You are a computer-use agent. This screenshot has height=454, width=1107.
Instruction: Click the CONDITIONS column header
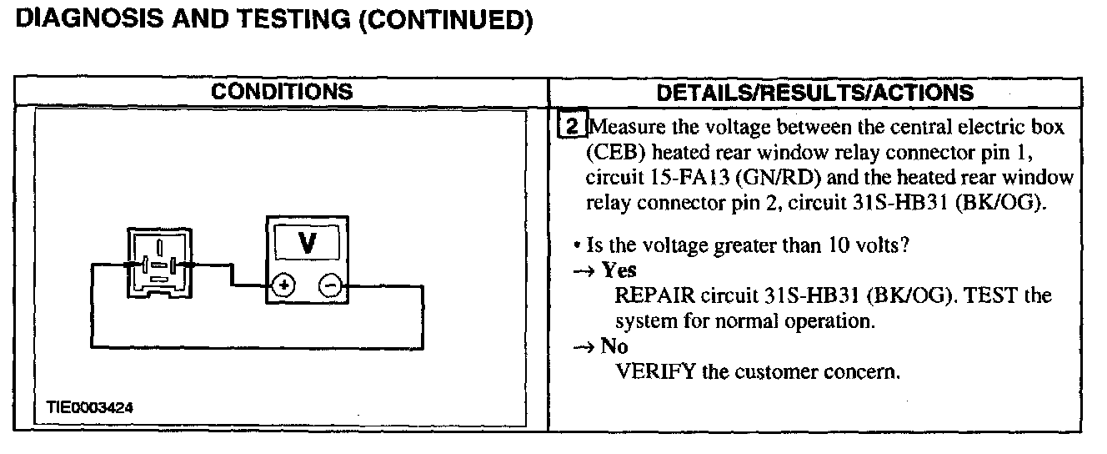[281, 91]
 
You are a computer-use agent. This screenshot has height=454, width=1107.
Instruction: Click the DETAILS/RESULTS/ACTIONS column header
[814, 92]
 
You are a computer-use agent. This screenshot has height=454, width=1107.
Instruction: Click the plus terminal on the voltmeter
[284, 286]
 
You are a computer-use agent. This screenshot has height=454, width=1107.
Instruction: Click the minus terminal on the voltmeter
[329, 286]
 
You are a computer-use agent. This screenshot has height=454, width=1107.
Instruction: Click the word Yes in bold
[619, 270]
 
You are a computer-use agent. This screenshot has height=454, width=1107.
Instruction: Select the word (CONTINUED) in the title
[444, 21]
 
